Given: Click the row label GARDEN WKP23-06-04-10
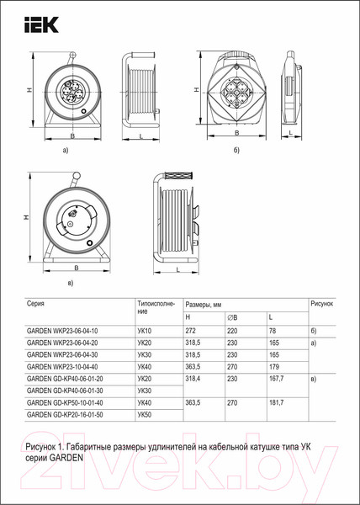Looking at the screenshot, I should pos(62,332).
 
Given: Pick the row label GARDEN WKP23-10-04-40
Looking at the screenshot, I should pos(62,367).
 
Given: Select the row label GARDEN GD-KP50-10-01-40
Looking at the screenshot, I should pos(68,402).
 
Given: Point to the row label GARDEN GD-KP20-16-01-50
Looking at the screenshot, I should pos(68,414).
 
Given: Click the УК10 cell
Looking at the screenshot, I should pos(144,332).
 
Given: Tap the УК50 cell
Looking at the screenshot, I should pos(144,414).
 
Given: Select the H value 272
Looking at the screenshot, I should pos(189,332).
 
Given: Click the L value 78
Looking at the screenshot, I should pos(272,332).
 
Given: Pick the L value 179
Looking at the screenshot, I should pos(273,367).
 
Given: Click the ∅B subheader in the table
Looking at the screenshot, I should pos(232,316).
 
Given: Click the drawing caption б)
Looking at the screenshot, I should pos(237,150).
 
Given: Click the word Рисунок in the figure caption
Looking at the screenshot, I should pos(46,443).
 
